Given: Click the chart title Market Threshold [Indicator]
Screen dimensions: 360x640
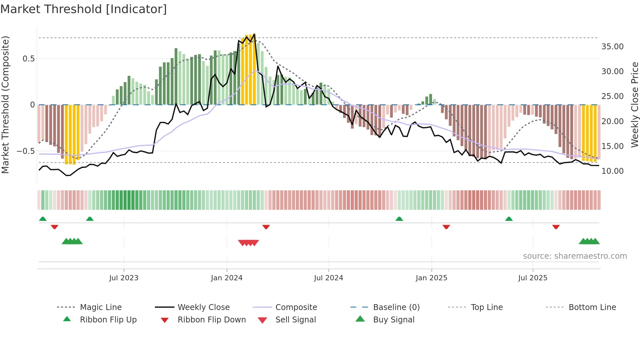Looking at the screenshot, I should click(x=84, y=9).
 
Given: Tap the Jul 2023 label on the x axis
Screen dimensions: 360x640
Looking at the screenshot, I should click(x=124, y=278).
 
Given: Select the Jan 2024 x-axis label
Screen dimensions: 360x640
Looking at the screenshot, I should click(x=227, y=278).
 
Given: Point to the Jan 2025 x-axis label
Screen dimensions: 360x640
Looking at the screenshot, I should click(x=431, y=278).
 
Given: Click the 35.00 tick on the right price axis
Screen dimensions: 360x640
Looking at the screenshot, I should click(x=612, y=47).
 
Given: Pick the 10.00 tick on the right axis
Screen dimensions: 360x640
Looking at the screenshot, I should click(x=612, y=171).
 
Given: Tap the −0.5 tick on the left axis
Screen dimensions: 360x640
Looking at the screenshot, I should click(x=25, y=151).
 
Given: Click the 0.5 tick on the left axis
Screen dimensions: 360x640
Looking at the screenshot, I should click(x=28, y=59).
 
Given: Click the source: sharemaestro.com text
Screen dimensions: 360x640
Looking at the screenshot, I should click(x=575, y=256).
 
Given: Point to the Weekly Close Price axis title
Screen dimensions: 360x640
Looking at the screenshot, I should click(x=634, y=105).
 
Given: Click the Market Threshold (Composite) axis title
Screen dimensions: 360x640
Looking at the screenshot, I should click(x=5, y=105).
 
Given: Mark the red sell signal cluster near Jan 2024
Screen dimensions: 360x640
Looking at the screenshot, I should click(x=248, y=243).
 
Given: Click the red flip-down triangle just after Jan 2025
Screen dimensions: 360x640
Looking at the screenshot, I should click(x=446, y=227).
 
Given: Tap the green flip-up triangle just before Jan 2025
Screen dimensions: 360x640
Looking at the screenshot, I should click(x=399, y=219).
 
